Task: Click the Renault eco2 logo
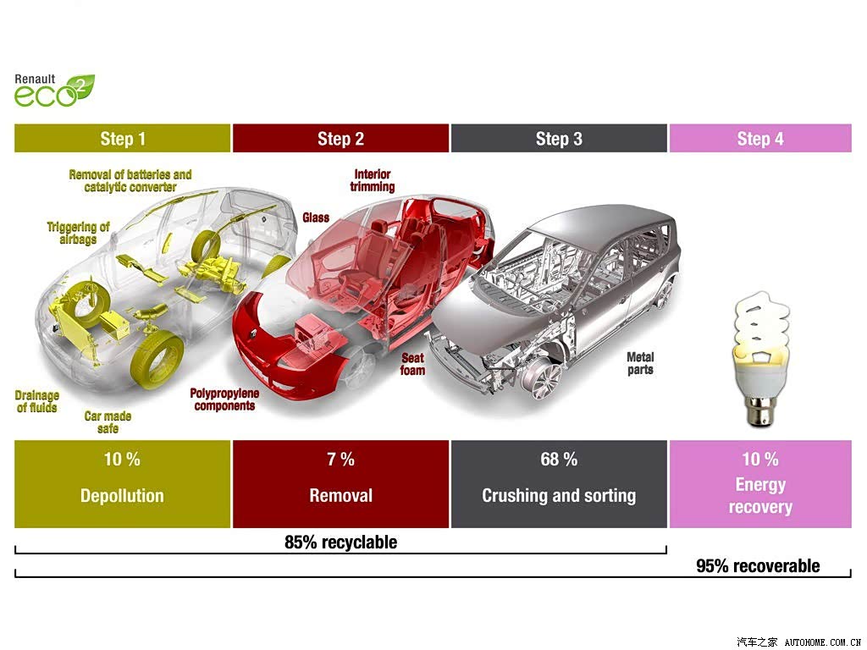pos(54,91)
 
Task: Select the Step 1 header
pos(122,138)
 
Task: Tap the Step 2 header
pos(340,138)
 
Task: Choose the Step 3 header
pos(559,138)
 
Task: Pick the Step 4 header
pos(760,138)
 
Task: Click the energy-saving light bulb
pos(761,359)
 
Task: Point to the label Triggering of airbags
pos(78,233)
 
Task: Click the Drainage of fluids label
pos(37,402)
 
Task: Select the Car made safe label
pos(108,422)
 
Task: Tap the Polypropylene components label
pos(224,399)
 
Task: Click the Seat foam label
pos(413,364)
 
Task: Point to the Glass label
pos(316,218)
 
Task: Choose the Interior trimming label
pos(373,181)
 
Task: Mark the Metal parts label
pos(640,364)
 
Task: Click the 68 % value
pos(559,459)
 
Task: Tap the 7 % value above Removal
pos(340,459)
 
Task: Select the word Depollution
pos(122,496)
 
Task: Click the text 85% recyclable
pos(340,543)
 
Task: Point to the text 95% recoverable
pos(758,566)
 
